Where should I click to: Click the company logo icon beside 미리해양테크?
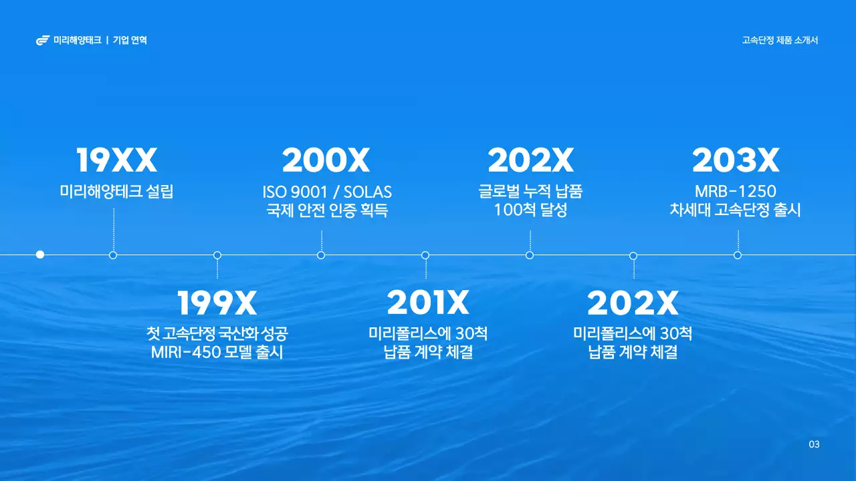43,41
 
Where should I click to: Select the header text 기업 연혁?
130,41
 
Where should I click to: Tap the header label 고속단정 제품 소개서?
780,40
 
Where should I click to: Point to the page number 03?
814,445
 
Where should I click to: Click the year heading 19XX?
116,161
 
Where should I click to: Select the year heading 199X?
217,304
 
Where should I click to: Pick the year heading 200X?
326,161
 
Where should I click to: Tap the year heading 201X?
428,304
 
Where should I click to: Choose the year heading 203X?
736,161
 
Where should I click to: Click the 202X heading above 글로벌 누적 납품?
530,161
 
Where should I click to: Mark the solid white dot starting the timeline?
40,255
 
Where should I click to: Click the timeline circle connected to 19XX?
113,255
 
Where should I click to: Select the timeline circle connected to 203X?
738,255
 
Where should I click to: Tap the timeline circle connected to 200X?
321,255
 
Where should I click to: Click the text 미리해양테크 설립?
116,192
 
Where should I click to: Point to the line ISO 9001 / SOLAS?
327,192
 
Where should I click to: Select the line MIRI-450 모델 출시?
217,352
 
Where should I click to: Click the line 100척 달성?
530,210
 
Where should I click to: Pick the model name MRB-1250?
736,192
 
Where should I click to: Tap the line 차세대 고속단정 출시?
736,210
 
